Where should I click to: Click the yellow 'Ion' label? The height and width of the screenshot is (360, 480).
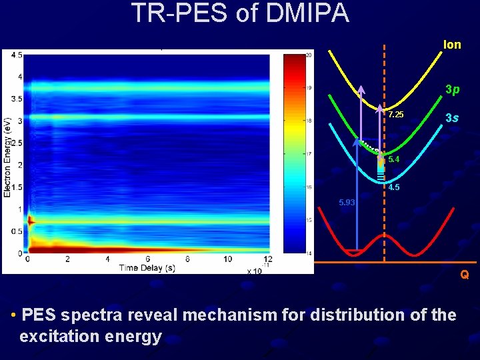[x=452, y=45]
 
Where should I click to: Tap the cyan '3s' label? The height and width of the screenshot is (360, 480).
[x=452, y=118]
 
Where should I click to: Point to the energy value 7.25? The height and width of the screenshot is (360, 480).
[x=395, y=115]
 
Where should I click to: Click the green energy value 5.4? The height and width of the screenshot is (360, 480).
[x=393, y=160]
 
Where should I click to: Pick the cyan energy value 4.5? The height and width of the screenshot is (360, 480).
[x=393, y=187]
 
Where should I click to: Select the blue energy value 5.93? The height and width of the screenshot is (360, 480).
[x=347, y=202]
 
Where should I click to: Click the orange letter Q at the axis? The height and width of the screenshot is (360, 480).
[x=464, y=274]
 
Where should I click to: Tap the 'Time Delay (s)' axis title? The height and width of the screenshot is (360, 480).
[x=147, y=268]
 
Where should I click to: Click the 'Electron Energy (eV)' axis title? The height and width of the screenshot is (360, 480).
[x=7, y=153]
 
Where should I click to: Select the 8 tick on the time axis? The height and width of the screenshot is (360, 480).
[x=188, y=259]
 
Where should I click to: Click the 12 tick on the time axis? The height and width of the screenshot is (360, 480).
[x=268, y=259]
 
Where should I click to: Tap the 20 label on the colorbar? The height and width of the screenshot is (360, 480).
[x=308, y=55]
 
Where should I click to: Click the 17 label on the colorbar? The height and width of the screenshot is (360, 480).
[x=308, y=154]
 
